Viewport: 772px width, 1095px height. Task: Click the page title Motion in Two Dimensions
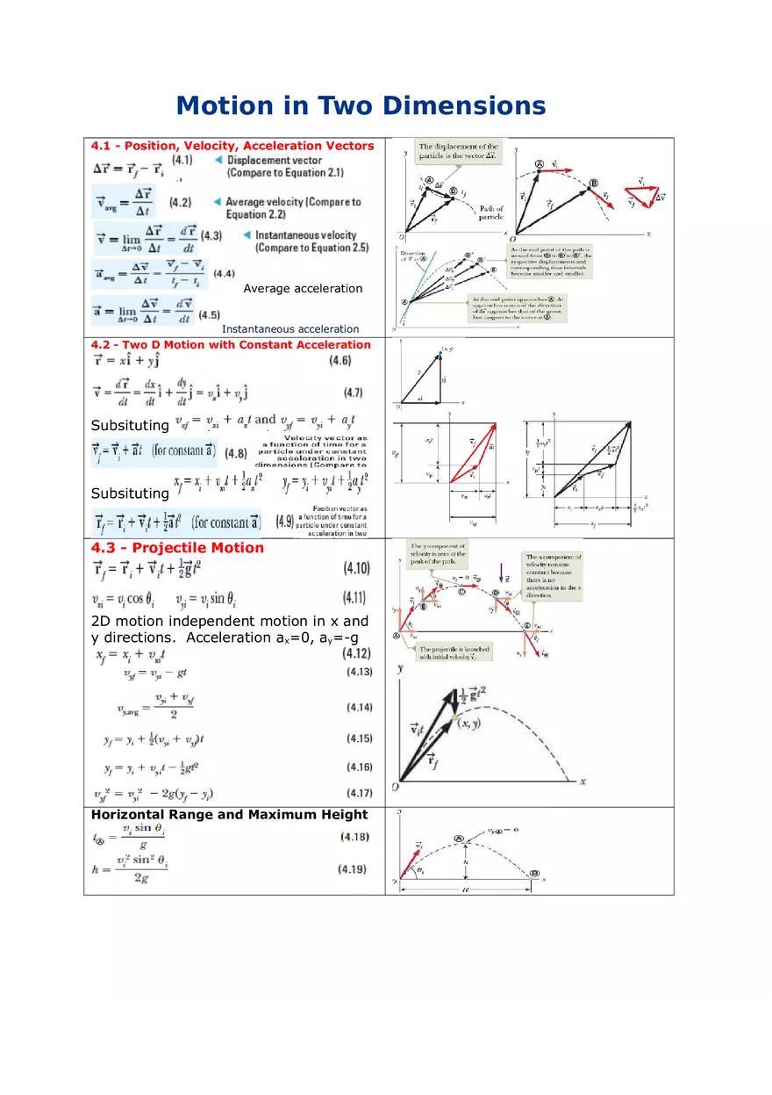(x=361, y=106)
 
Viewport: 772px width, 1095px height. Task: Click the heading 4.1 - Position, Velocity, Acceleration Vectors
(x=232, y=146)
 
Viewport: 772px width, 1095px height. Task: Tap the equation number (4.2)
(x=180, y=202)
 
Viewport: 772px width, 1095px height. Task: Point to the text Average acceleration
(x=303, y=288)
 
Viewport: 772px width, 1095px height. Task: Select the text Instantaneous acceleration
(x=290, y=329)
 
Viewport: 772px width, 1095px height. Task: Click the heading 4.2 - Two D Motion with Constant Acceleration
(x=231, y=345)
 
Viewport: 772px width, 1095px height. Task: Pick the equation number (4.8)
(x=236, y=453)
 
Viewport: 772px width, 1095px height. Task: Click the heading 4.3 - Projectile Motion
(x=177, y=548)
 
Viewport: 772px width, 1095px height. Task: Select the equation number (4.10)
(x=355, y=568)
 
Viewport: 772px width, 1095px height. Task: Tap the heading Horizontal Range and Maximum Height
(x=230, y=815)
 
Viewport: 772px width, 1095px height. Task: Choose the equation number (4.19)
(x=353, y=869)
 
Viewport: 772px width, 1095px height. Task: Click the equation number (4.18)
(x=354, y=837)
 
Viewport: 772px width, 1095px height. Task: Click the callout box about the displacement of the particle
(x=458, y=151)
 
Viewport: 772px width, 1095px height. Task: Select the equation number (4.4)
(x=224, y=273)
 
